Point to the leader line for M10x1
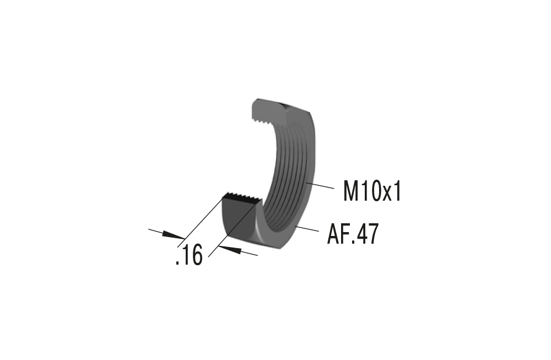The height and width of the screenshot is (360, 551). tap(321, 185)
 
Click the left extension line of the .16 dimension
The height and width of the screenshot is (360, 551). tap(201, 218)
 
